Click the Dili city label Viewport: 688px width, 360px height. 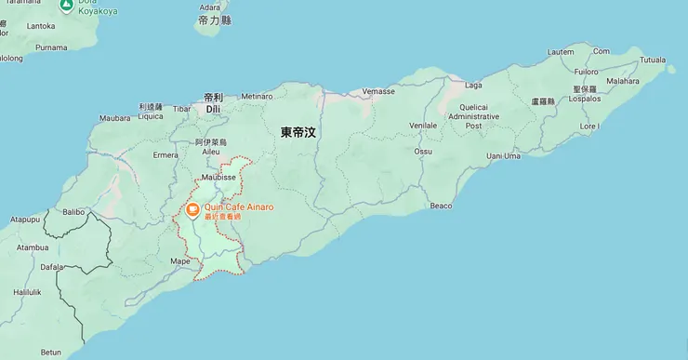(x=213, y=109)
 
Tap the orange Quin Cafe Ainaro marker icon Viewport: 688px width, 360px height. (x=192, y=210)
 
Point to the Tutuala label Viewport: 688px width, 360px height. (x=652, y=60)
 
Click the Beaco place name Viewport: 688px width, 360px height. (x=442, y=205)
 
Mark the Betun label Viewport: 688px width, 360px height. (x=50, y=353)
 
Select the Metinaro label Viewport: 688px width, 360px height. (x=257, y=96)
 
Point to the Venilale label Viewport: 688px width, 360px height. (x=423, y=125)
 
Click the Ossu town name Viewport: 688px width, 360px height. (x=423, y=150)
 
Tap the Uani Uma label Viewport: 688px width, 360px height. (x=503, y=155)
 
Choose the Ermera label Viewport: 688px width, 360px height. (x=165, y=154)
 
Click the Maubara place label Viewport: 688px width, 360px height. (x=114, y=118)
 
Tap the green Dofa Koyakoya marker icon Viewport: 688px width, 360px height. (x=67, y=6)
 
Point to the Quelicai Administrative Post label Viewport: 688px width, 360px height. (x=473, y=116)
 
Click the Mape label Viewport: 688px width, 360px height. (x=180, y=261)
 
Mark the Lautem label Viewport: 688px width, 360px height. (x=562, y=52)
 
